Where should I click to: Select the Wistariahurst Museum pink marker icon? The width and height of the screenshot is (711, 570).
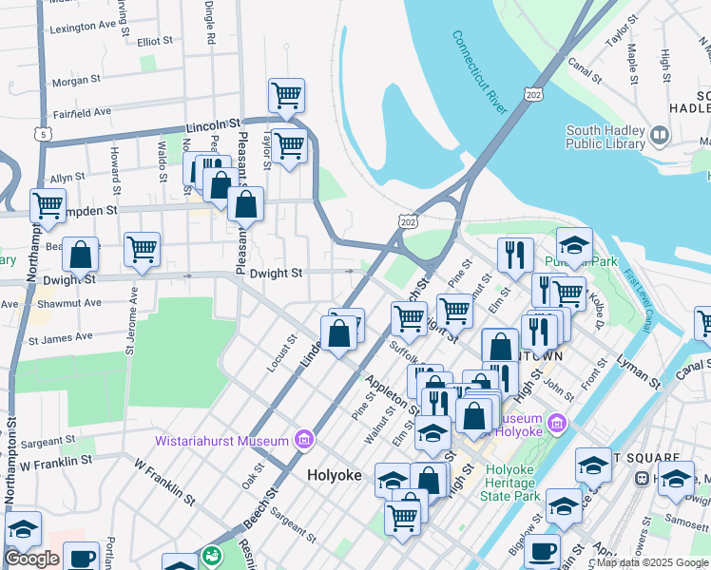point(304,440)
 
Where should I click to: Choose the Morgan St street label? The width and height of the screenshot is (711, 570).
point(83,82)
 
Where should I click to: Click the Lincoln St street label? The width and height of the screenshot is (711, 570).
point(211,124)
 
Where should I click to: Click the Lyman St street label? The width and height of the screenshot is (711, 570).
point(638,370)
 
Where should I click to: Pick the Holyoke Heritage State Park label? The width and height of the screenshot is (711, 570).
point(512,483)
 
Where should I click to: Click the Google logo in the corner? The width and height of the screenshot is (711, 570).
point(30,559)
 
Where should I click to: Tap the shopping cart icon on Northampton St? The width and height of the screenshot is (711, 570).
point(47,204)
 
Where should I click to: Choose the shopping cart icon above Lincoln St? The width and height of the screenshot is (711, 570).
point(286,94)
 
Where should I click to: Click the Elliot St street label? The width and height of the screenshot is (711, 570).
point(154,42)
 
